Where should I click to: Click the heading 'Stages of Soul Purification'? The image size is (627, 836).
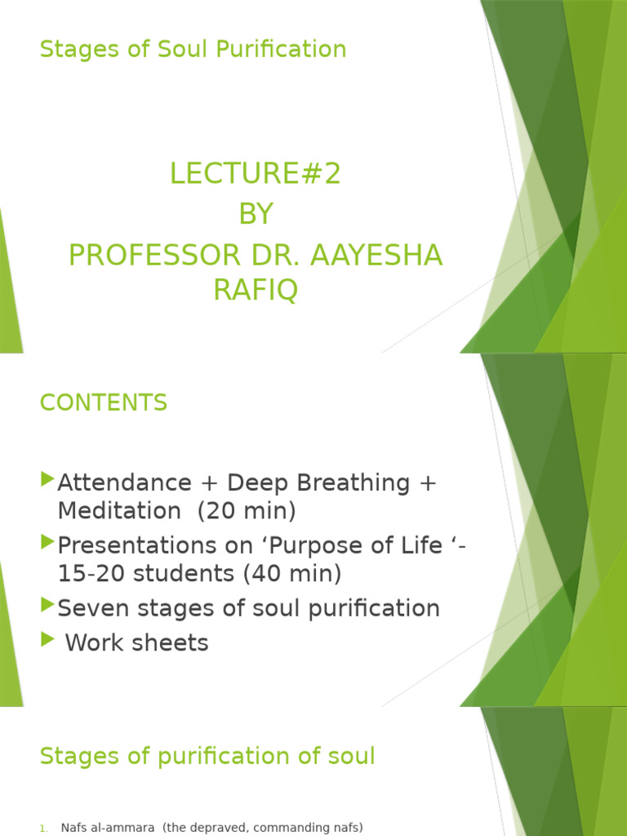(193, 49)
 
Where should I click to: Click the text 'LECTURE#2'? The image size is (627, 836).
(255, 174)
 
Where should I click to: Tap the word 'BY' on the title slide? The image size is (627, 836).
(255, 215)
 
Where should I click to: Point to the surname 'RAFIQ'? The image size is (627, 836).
(255, 290)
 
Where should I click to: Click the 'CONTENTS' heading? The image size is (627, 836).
(104, 402)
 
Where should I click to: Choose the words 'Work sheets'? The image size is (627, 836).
(136, 643)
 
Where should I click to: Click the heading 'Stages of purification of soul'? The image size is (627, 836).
(207, 756)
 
